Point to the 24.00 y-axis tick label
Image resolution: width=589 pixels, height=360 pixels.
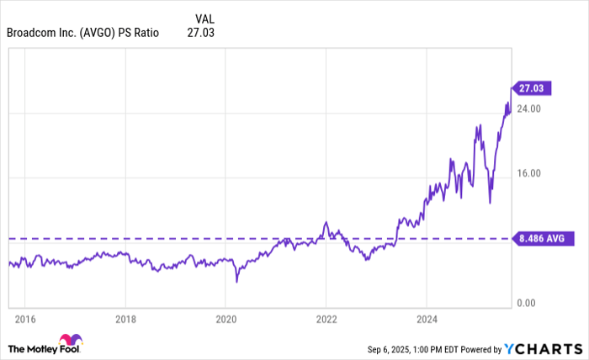coord(528,109)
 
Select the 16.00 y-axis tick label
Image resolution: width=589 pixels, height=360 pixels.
coord(528,173)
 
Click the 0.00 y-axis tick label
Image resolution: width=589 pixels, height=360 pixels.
coord(526,303)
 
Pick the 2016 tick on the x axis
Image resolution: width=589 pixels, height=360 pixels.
coord(24,320)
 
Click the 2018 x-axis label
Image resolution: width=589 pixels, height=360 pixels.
coord(125,320)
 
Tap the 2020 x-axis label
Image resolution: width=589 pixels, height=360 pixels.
coord(226,320)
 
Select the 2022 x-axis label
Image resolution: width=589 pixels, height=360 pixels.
coord(326,320)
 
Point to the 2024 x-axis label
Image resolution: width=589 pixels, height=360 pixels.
coord(427,320)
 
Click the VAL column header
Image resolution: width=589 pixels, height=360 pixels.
coord(204,19)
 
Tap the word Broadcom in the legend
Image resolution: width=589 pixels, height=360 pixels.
coord(32,33)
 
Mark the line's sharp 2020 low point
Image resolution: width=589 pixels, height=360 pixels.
coord(236,281)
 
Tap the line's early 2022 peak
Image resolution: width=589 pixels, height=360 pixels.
coord(326,222)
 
